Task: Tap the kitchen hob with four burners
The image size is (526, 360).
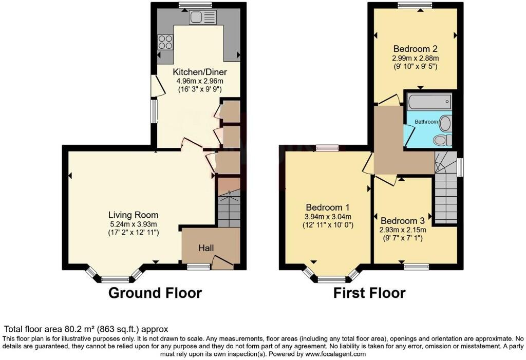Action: pos(165,41)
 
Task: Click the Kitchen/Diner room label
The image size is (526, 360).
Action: pos(199,72)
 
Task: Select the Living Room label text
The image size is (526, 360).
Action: pos(133,215)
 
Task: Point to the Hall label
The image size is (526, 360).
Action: pos(206,248)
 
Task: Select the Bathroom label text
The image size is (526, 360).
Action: pos(426,122)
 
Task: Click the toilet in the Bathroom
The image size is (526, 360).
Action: pos(441,140)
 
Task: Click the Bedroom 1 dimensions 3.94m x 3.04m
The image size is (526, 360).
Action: pos(328,216)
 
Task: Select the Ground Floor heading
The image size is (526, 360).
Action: pos(155,293)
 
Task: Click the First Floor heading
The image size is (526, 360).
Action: pos(369,293)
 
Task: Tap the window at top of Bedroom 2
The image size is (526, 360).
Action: pos(415,5)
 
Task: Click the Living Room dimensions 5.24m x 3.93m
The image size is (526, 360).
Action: pos(133,224)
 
